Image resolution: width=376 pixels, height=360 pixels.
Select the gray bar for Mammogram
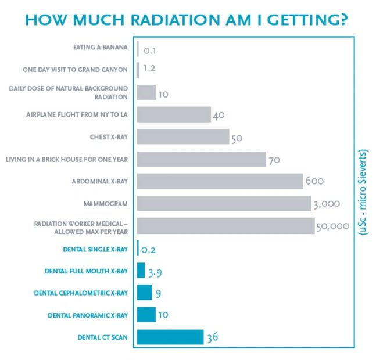[224, 204]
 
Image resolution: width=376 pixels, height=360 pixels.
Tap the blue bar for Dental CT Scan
[170, 337]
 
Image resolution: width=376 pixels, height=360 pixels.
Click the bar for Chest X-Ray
[182, 136]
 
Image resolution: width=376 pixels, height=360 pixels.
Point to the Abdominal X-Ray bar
[220, 181]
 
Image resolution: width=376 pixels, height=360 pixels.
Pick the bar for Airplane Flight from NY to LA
[173, 114]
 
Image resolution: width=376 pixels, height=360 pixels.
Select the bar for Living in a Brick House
[201, 159]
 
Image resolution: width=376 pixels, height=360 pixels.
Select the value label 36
[213, 338]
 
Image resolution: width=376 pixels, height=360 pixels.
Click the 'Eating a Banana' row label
[100, 47]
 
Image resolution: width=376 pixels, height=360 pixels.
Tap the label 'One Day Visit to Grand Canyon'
[74, 70]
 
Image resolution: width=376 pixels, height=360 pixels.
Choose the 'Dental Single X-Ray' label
[94, 249]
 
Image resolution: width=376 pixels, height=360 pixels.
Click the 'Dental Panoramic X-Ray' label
[87, 315]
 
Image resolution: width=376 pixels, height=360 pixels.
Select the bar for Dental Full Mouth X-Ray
[141, 271]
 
